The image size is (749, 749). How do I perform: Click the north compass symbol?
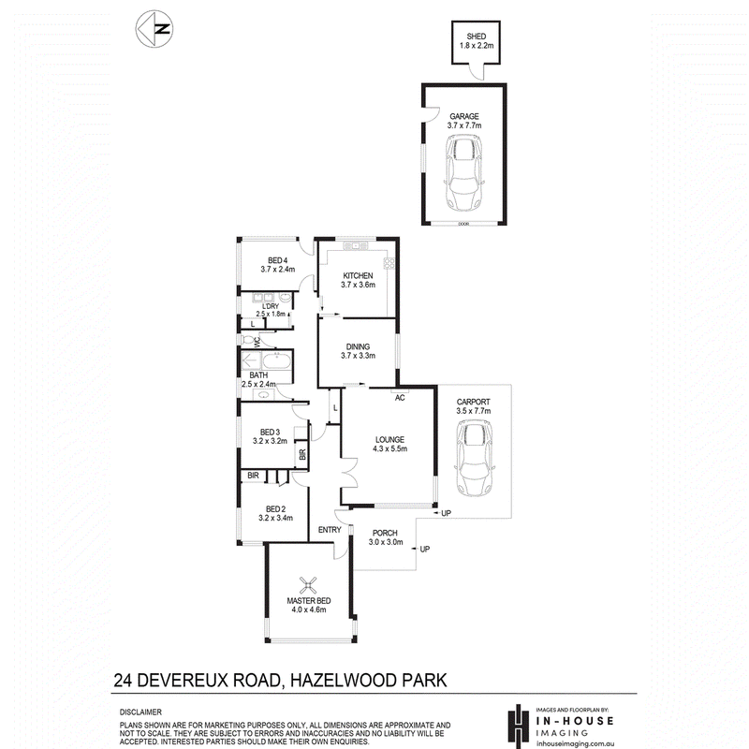[154, 29]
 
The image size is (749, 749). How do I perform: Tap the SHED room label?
[477, 37]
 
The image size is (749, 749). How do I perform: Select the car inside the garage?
[464, 172]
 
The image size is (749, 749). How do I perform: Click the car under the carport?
[474, 459]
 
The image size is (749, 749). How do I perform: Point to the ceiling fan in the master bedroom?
[308, 585]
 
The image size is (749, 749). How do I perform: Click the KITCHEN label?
[358, 275]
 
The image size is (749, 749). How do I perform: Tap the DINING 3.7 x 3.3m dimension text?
[358, 356]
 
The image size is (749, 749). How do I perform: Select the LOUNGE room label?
[389, 439]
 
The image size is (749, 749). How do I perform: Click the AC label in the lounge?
[400, 397]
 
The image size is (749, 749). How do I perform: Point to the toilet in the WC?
[248, 341]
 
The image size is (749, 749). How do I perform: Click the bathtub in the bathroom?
[276, 360]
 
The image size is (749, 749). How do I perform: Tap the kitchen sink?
[356, 246]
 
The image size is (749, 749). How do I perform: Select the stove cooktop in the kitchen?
[389, 263]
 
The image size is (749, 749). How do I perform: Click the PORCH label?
[385, 533]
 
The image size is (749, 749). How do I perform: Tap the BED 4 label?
[277, 260]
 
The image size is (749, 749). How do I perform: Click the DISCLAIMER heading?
[140, 712]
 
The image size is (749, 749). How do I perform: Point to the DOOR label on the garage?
[463, 224]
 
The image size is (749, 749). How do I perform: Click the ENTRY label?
[330, 530]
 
